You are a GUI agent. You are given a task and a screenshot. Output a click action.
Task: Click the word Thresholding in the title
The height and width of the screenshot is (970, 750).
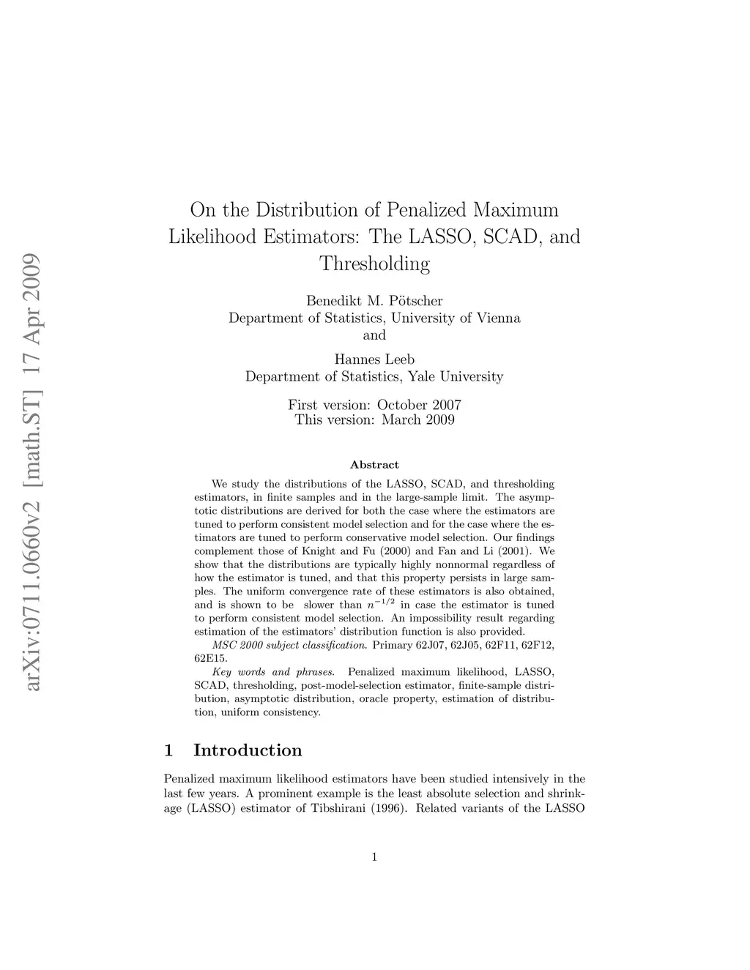(x=374, y=264)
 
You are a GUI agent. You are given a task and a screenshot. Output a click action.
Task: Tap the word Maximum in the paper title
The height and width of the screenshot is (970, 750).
(x=516, y=210)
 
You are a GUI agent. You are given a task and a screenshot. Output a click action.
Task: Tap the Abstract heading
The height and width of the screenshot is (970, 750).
(x=374, y=465)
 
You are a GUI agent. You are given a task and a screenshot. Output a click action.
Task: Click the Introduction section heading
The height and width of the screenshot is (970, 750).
(x=248, y=750)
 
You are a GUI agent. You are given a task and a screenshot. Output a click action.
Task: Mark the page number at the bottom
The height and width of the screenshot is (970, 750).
(x=374, y=857)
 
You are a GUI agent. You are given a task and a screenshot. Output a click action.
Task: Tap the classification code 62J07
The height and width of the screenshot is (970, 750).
(x=431, y=645)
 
